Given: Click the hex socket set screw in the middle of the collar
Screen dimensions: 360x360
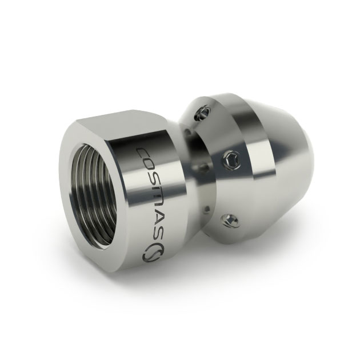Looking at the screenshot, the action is click(233, 159).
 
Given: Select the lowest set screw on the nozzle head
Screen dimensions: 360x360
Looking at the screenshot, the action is click(230, 221).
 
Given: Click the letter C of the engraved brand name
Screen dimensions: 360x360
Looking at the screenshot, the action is click(144, 153).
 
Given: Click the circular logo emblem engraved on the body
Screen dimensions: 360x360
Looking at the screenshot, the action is click(153, 253).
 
